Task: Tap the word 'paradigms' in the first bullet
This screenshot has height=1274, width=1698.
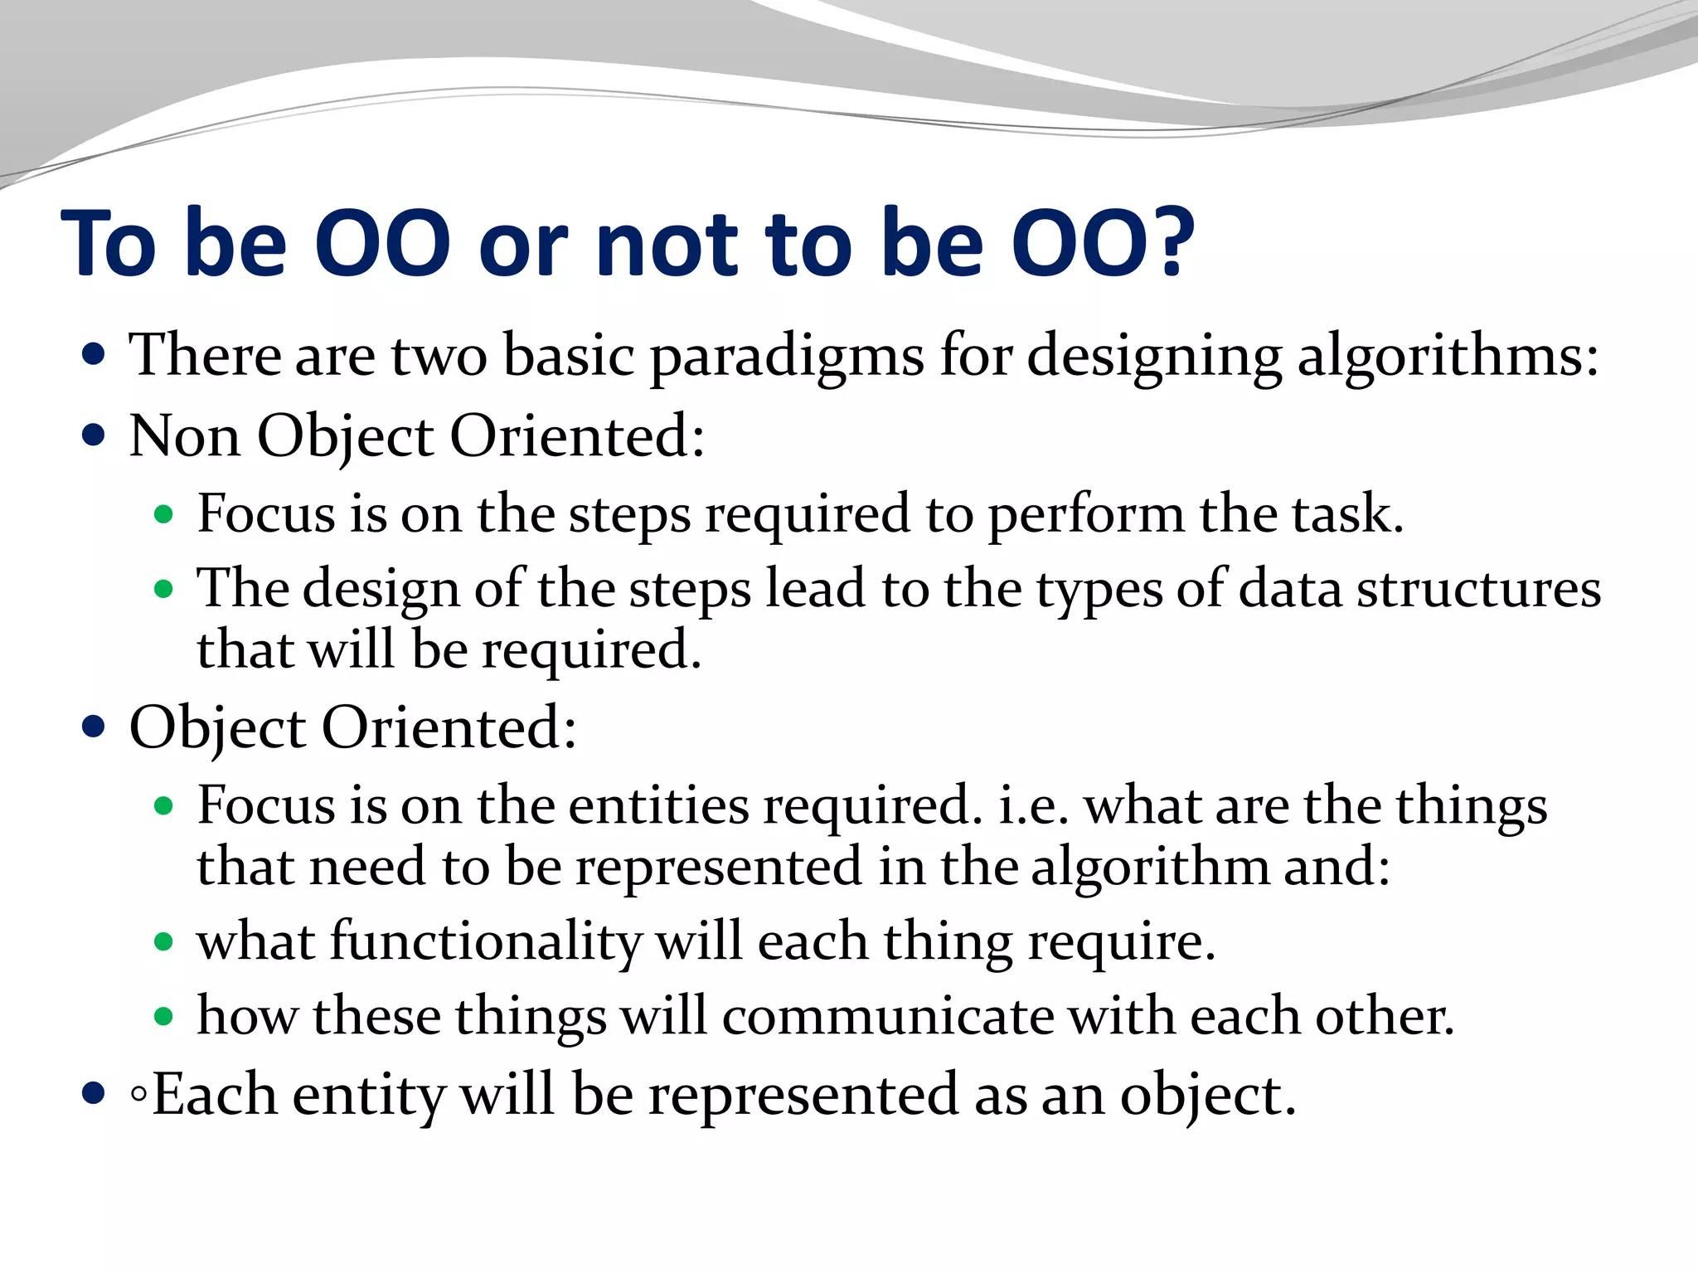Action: [786, 357]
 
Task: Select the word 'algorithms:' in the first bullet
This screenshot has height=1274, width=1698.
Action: [1448, 357]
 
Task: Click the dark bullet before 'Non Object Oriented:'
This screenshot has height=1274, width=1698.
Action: [95, 435]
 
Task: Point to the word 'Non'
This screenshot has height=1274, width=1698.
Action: [184, 436]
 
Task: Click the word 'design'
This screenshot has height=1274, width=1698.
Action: [381, 591]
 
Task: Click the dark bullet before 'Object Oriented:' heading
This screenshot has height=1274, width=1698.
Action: [95, 727]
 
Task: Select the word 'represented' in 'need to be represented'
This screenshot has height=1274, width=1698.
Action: [719, 868]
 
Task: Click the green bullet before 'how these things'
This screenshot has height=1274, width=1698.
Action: [164, 1017]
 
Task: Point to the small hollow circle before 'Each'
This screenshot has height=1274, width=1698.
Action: [138, 1096]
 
